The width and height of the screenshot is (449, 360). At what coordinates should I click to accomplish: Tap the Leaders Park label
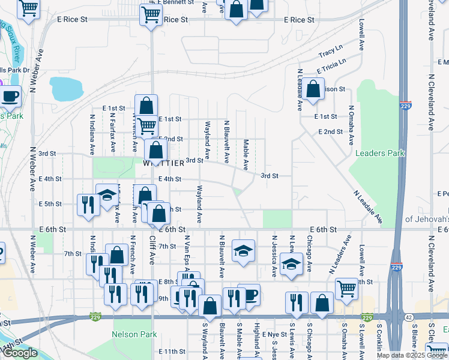(379, 153)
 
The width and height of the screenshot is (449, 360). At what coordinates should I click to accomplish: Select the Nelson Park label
(134, 334)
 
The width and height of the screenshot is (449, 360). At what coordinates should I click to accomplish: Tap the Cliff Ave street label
(152, 257)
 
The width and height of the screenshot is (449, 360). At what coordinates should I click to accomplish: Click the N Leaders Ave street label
(340, 254)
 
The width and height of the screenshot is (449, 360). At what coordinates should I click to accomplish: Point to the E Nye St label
(276, 334)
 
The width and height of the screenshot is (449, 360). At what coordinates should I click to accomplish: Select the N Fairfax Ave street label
(112, 133)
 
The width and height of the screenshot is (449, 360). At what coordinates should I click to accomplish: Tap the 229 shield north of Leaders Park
(406, 105)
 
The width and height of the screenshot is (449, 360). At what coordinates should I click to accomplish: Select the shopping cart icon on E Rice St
(151, 14)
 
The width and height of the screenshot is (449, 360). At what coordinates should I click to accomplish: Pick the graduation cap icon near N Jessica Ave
(291, 263)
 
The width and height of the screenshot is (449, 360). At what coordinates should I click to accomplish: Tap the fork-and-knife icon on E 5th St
(88, 204)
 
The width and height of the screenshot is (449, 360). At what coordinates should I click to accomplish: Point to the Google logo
(20, 353)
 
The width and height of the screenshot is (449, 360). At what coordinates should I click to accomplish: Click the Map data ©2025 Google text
(412, 355)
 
